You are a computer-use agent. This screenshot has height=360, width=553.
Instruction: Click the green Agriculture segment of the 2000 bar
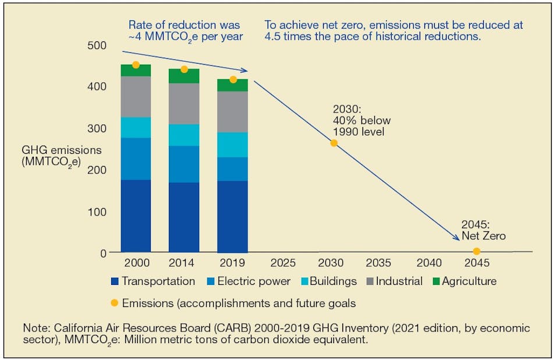pyautogui.click(x=136, y=70)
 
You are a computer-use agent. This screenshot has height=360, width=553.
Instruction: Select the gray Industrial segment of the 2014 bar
pyautogui.click(x=184, y=104)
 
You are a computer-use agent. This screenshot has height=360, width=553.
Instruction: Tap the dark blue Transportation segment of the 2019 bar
pyautogui.click(x=232, y=217)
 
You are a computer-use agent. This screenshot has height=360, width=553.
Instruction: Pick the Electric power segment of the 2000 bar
pyautogui.click(x=136, y=158)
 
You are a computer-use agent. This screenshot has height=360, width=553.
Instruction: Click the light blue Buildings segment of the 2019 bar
pyautogui.click(x=232, y=145)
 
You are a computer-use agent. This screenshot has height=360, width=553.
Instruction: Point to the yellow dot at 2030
pyautogui.click(x=334, y=143)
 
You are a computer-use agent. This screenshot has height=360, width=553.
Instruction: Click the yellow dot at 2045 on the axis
pyautogui.click(x=477, y=251)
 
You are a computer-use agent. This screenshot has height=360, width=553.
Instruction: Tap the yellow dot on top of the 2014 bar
pyautogui.click(x=184, y=69)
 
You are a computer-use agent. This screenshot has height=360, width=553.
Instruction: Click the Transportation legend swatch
pyautogui.click(x=115, y=282)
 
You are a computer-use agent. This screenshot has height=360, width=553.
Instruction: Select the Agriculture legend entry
pyautogui.click(x=469, y=281)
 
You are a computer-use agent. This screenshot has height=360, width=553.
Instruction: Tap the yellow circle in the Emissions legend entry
pyautogui.click(x=115, y=303)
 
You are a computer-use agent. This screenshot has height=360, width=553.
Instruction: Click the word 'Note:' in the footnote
pyautogui.click(x=36, y=327)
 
